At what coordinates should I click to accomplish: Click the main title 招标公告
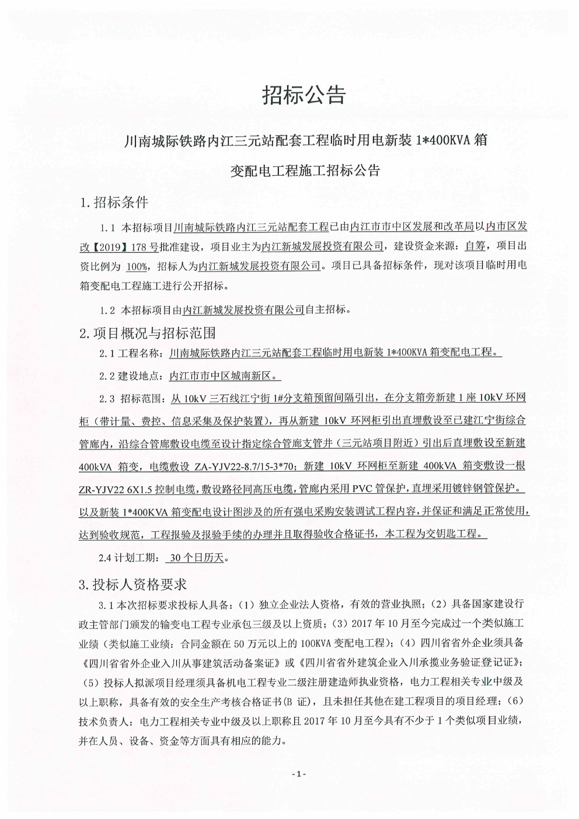tap(304, 95)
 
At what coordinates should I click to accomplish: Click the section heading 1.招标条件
tap(114, 203)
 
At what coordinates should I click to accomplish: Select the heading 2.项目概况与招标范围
tap(148, 333)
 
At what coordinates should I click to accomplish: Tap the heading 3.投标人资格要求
tap(132, 584)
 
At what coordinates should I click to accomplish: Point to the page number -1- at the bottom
tap(298, 773)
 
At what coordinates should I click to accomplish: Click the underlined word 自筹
tap(476, 246)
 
